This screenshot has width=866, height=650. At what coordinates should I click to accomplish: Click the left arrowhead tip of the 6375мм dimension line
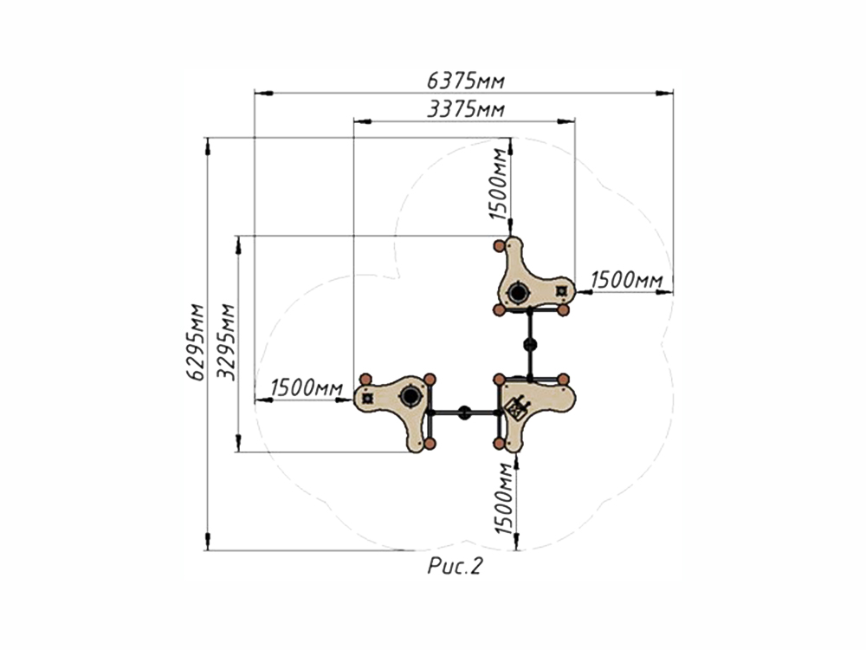(x=255, y=93)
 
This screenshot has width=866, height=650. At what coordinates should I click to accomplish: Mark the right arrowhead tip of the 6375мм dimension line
(x=673, y=93)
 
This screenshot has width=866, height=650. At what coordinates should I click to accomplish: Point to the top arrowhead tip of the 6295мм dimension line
(x=208, y=138)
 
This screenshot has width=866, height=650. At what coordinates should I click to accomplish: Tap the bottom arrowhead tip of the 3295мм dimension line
(x=239, y=452)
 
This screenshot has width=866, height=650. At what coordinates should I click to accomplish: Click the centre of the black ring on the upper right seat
(x=518, y=292)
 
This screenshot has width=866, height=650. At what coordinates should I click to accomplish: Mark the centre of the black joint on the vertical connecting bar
(x=530, y=346)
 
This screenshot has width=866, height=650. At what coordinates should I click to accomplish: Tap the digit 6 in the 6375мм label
(x=434, y=81)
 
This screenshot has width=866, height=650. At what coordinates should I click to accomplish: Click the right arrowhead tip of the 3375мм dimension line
(x=574, y=121)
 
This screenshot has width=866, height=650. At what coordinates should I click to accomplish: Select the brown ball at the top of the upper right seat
(x=499, y=246)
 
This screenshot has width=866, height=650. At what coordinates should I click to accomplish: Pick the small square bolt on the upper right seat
(x=562, y=290)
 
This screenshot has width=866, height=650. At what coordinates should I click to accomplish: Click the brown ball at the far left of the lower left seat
(x=365, y=380)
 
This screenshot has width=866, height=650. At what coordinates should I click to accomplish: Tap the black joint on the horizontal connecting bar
(x=465, y=413)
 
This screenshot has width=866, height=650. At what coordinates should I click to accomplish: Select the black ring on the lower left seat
(x=410, y=396)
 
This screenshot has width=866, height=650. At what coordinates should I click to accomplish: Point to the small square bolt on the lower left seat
(x=367, y=398)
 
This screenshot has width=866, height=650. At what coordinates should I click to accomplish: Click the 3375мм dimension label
(x=466, y=109)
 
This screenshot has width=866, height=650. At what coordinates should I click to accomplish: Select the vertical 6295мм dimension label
(x=195, y=341)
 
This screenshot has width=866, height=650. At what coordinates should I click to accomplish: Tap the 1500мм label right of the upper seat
(x=627, y=280)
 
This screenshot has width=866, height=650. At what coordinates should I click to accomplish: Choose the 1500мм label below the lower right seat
(x=504, y=498)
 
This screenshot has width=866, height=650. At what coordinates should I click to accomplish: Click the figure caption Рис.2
(x=456, y=566)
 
